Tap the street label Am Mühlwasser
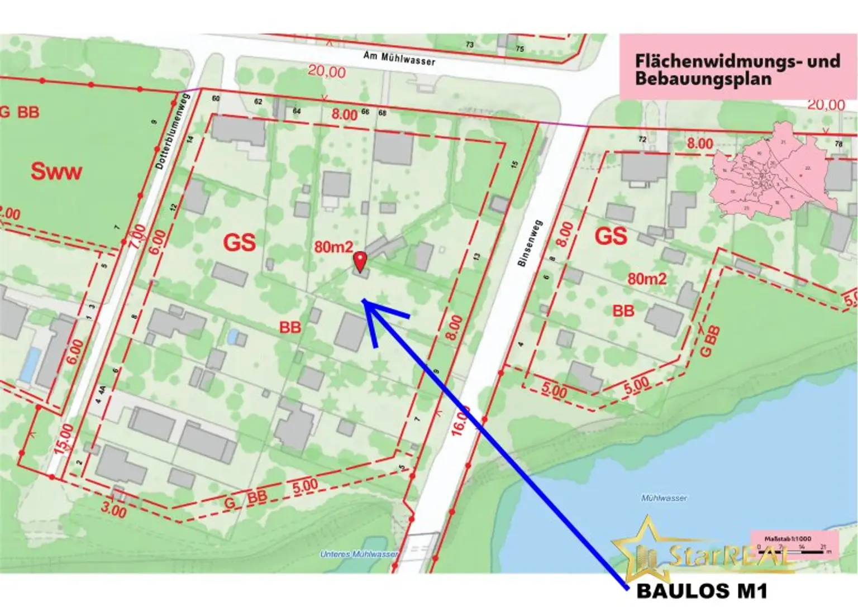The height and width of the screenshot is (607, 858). pyautogui.click(x=399, y=58)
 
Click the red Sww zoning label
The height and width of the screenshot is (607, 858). pyautogui.click(x=56, y=171)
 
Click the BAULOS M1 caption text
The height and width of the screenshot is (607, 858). pyautogui.click(x=702, y=591)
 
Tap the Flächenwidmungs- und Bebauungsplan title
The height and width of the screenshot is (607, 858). pyautogui.click(x=737, y=69)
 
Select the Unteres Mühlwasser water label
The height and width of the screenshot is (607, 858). pyautogui.click(x=359, y=554)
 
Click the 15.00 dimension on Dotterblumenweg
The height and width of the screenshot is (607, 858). pyautogui.click(x=64, y=438)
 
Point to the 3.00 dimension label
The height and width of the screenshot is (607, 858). pyautogui.click(x=113, y=509)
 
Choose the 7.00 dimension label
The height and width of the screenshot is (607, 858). pyautogui.click(x=136, y=237)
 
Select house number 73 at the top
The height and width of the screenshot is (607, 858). pyautogui.click(x=469, y=45)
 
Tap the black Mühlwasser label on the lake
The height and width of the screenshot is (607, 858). pyautogui.click(x=664, y=498)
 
